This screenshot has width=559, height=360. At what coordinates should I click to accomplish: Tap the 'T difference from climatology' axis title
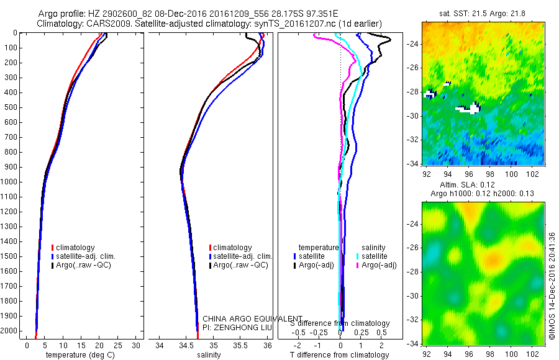(x=339, y=355)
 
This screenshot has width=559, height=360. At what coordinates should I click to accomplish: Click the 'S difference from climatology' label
(x=340, y=323)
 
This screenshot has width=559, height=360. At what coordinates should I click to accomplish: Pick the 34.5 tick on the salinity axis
(x=186, y=345)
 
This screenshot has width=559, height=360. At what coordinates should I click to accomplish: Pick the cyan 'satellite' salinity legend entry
(x=375, y=256)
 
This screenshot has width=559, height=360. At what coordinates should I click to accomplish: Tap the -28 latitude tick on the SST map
(x=412, y=91)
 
